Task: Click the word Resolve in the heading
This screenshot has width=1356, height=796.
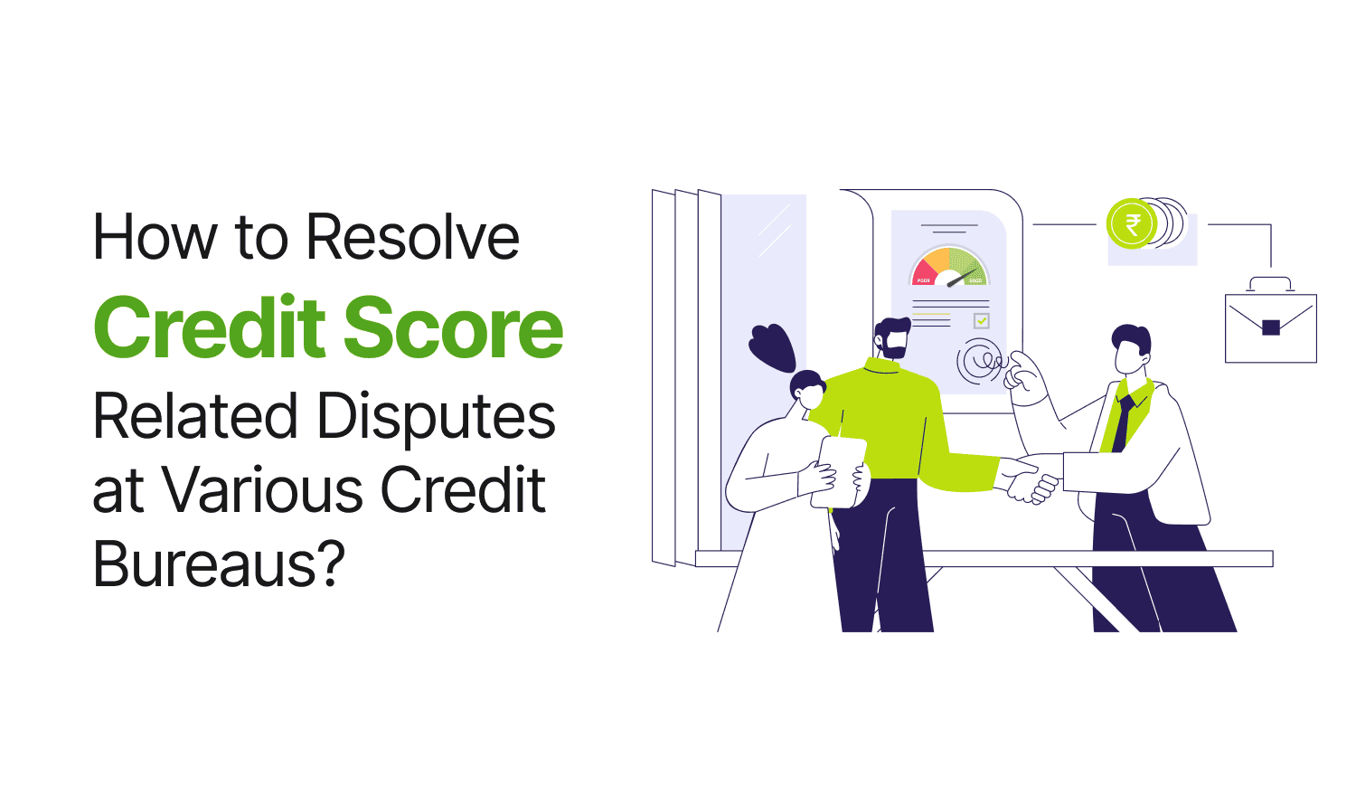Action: pos(413,237)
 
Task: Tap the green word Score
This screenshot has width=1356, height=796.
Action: pos(454,327)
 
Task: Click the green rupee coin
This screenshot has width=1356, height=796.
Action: pos(1132,223)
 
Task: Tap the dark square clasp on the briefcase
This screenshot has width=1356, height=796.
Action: pos(1271,327)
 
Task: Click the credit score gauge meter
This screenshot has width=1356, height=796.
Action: pos(948,267)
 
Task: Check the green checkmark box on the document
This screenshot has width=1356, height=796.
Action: pos(981,320)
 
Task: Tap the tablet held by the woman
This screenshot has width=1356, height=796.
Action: pos(839,472)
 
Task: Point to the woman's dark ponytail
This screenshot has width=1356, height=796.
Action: pos(772,347)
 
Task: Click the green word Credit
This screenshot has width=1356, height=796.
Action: pos(210,327)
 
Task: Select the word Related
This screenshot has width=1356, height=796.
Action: pos(195,416)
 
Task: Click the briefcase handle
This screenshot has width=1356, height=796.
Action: pos(1271,283)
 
